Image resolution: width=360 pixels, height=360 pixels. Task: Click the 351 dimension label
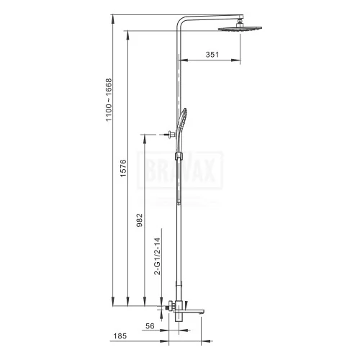[212, 55]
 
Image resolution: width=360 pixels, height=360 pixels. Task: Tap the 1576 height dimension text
[123, 168]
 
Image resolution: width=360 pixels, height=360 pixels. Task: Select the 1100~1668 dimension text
[109, 100]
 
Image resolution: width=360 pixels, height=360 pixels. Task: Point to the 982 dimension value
[140, 220]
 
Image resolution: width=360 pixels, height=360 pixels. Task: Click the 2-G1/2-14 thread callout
[157, 256]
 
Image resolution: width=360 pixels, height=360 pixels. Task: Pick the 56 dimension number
[150, 326]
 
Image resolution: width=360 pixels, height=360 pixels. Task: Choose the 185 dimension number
[120, 336]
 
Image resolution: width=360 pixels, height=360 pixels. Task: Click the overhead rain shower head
[240, 29]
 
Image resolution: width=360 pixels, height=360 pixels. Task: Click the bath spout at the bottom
[189, 312]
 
